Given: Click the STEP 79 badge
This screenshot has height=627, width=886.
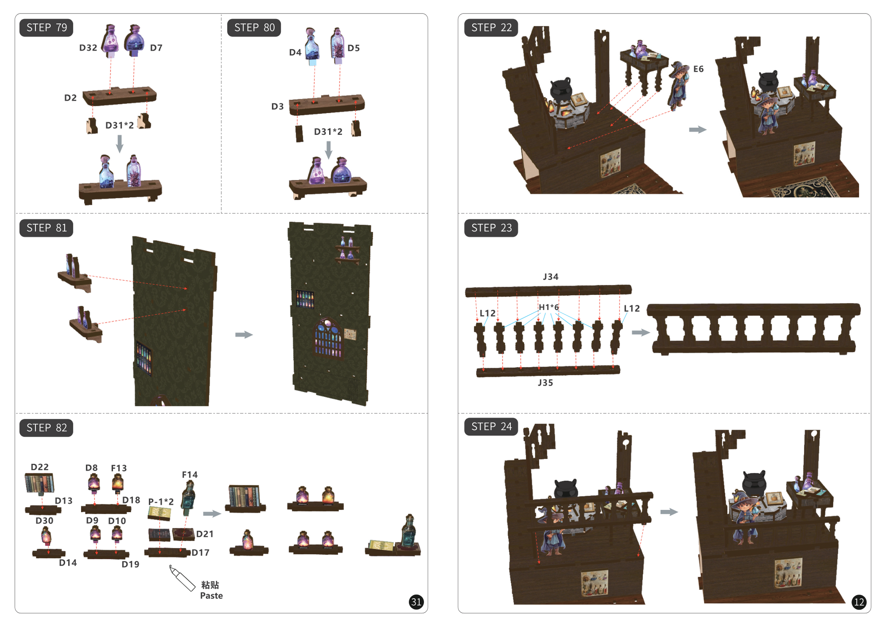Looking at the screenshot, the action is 46,28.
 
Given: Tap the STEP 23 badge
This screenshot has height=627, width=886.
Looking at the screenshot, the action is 491,228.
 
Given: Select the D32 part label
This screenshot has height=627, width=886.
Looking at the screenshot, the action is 88,48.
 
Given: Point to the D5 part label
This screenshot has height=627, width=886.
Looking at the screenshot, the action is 353,48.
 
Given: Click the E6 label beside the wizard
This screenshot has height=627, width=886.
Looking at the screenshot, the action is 698,69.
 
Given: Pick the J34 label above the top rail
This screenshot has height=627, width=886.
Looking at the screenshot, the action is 550,277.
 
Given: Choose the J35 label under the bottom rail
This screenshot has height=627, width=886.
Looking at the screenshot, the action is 545,383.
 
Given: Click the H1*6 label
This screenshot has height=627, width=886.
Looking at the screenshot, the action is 549,307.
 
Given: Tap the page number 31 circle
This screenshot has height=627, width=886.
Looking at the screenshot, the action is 416,602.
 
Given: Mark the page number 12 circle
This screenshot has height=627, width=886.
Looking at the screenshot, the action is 859,602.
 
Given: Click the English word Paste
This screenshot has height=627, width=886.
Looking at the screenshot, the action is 211,596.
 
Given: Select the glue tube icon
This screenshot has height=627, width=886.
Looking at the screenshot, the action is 182,578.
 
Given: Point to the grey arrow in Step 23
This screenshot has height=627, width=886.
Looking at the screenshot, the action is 641,332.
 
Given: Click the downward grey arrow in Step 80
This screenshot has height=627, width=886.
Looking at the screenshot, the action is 328,150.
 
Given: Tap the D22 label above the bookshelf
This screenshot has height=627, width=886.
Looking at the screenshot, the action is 40,467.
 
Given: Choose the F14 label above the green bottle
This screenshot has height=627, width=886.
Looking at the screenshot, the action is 190,475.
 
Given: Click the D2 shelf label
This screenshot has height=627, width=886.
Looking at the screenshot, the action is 71,98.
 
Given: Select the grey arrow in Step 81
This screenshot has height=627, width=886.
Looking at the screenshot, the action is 244,334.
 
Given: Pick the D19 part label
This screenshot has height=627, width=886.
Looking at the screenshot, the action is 130,564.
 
